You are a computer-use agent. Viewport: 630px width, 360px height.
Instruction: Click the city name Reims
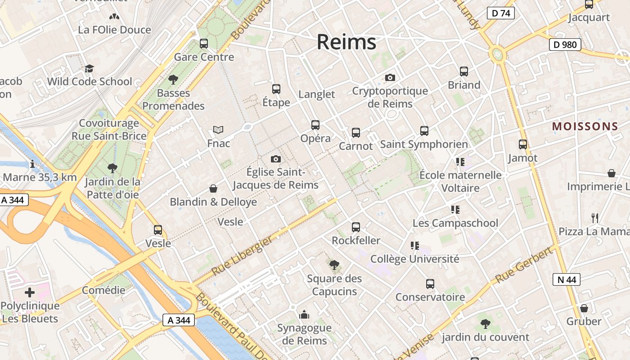coord(346,42)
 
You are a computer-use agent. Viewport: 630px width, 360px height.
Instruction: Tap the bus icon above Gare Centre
coord(204,44)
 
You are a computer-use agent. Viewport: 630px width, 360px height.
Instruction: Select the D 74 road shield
coord(500,13)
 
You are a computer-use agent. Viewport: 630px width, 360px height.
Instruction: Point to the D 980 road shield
coord(565,45)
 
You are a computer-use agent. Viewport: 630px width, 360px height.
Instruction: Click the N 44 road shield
coord(566,279)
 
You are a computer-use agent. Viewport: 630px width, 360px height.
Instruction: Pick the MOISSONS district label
coord(585,126)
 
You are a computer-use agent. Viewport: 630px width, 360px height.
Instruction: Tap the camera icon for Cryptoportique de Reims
coord(390,77)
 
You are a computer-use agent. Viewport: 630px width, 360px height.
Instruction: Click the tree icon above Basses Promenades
coord(173,80)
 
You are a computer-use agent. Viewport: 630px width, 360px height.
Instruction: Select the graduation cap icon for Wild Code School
coord(89,68)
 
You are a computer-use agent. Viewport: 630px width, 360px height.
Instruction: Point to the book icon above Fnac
coord(218,130)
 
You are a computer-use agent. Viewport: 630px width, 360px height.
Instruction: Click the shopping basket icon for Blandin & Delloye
coord(213,189)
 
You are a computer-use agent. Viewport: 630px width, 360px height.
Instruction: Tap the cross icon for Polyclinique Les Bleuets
coord(30,292)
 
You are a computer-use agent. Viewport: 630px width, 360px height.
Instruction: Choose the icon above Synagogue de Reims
coord(304,314)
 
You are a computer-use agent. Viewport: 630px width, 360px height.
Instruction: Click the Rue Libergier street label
coord(242,256)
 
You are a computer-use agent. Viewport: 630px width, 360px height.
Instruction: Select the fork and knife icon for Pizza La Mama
coord(595,218)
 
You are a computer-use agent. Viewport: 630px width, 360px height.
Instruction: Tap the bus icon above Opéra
coord(315,125)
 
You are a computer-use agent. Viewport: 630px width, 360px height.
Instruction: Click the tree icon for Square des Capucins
coord(334,265)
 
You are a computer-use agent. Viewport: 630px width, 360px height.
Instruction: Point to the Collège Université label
coord(414,259)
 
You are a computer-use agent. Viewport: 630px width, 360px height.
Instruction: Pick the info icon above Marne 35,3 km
coord(32,164)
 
